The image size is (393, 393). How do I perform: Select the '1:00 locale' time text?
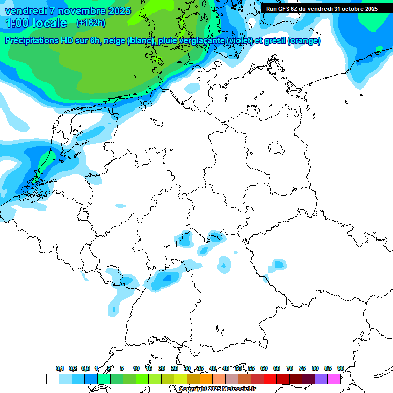pyautogui.click(x=36, y=23)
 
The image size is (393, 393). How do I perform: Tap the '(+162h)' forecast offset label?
pyautogui.click(x=91, y=23)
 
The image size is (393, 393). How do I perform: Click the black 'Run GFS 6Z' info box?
pyautogui.click(x=322, y=8)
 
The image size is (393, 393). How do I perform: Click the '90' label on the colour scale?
pyautogui.click(x=341, y=368)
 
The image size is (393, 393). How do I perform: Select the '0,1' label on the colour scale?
pyautogui.click(x=60, y=368)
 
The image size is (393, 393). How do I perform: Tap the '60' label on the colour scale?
pyautogui.click(x=264, y=368)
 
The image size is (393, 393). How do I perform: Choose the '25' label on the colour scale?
pyautogui.click(x=174, y=368)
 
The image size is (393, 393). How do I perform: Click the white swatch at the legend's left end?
pyautogui.click(x=52, y=379)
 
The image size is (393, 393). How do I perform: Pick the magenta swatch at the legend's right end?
pyautogui.click(x=334, y=379)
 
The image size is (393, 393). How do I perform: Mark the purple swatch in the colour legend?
pyautogui.click(x=321, y=379)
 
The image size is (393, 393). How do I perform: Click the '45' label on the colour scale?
pyautogui.click(x=226, y=368)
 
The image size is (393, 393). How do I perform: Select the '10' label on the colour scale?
pyautogui.click(x=136, y=368)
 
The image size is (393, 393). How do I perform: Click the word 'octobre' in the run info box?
pyautogui.click(x=348, y=8)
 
